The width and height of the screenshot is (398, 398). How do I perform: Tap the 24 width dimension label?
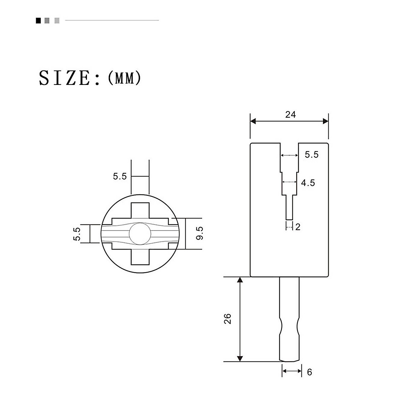[x=290, y=114]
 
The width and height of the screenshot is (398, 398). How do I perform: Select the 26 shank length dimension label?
[x=228, y=318]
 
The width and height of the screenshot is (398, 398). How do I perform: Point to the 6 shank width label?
[x=309, y=372]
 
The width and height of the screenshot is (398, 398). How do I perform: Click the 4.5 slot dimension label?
[x=308, y=183]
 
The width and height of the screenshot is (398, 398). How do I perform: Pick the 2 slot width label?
[x=298, y=227]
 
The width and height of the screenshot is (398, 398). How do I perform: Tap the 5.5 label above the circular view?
[x=120, y=176]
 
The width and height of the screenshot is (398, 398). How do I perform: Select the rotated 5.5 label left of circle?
[x=77, y=234]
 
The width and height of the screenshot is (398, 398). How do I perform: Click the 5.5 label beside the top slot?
[x=311, y=155]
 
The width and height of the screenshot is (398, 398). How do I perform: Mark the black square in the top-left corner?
[x=38, y=21]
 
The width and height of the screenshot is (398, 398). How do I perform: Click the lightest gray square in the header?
[x=57, y=21]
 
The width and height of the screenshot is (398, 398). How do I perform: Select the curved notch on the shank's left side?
[x=281, y=326]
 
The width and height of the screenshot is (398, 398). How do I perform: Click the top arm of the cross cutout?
[x=140, y=210]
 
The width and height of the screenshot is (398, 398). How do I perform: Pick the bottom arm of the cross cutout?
[x=140, y=257]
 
